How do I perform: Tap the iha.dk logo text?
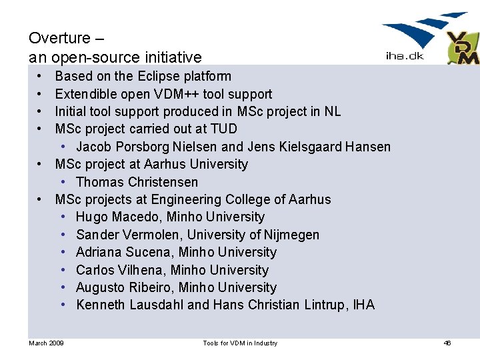tap(405, 57)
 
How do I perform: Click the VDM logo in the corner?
tap(463, 48)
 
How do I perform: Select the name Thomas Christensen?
tap(137, 182)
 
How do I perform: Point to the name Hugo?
tap(91, 217)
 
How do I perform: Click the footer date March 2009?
tap(46, 343)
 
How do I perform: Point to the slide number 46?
tap(447, 343)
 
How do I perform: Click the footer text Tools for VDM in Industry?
tap(240, 343)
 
